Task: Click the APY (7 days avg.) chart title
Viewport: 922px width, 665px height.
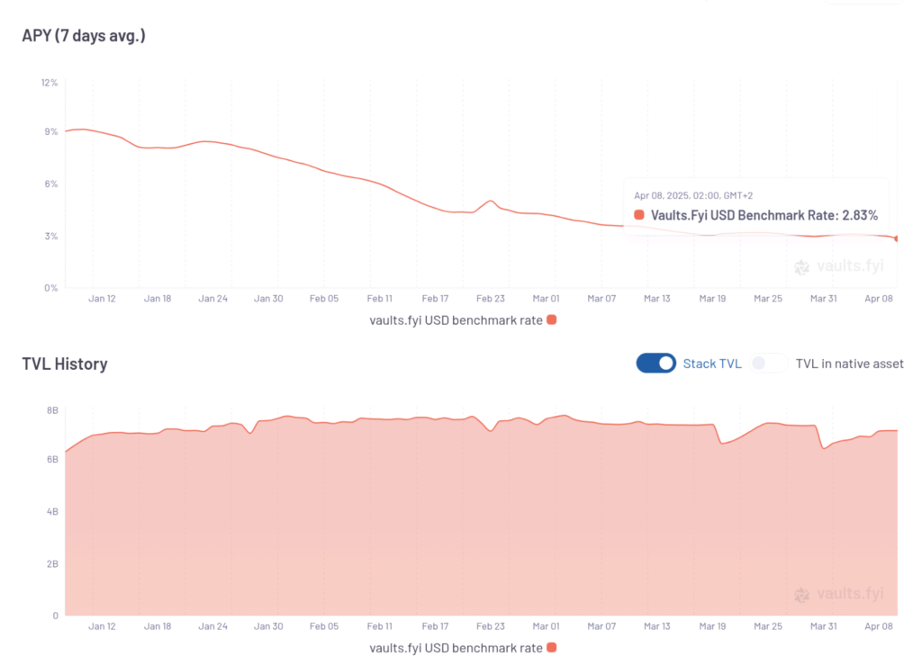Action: (x=84, y=36)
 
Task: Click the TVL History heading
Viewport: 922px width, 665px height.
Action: (x=65, y=364)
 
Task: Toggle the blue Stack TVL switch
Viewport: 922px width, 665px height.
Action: (x=656, y=363)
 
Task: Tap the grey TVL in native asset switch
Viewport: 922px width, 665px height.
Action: (x=770, y=363)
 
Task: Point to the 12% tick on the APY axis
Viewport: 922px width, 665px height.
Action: (x=49, y=83)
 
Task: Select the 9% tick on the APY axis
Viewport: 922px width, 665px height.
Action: (x=50, y=131)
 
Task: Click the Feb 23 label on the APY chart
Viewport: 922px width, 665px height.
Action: (x=491, y=299)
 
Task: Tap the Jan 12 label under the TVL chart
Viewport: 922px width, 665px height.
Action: (x=102, y=626)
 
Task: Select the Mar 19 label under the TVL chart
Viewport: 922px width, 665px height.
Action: (x=712, y=626)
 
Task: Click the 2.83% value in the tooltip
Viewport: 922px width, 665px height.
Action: (x=859, y=215)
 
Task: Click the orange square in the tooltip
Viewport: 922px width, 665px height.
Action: (x=639, y=215)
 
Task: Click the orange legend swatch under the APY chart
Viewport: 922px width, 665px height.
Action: (x=552, y=319)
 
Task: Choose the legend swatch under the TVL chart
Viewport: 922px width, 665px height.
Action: (x=552, y=647)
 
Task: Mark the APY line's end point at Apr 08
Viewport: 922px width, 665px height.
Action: (x=897, y=238)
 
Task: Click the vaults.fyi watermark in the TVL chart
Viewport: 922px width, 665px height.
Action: (x=839, y=594)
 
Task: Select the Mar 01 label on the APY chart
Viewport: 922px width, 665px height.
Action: (x=546, y=299)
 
